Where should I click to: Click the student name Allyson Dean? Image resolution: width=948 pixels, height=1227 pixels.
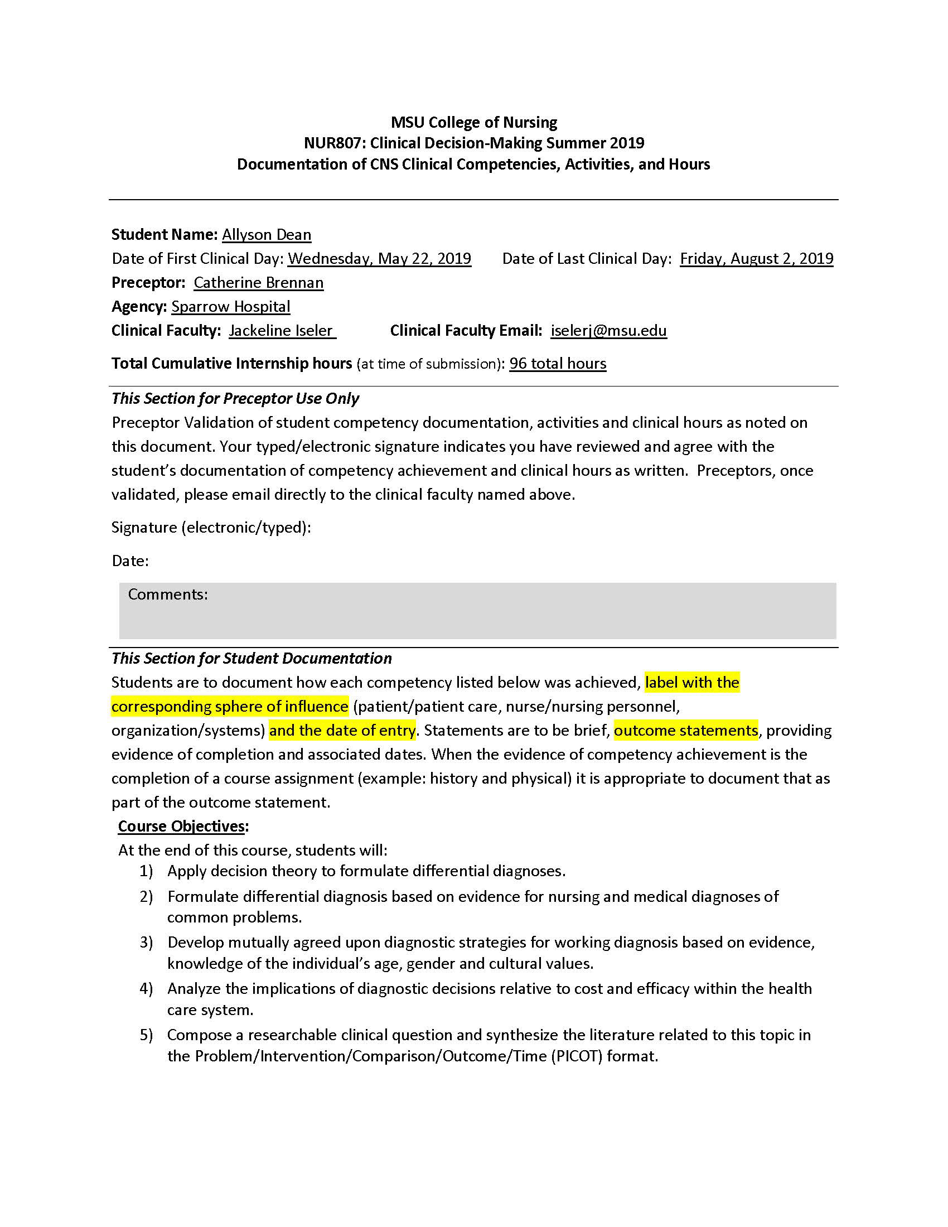(x=266, y=235)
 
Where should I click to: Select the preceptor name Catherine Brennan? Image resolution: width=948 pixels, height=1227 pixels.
(x=258, y=283)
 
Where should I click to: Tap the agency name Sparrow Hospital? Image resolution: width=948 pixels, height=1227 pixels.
(x=231, y=307)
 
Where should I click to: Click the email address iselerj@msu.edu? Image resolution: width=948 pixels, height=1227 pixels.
(x=608, y=331)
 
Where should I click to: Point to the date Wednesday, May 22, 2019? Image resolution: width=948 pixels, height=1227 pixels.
(x=379, y=258)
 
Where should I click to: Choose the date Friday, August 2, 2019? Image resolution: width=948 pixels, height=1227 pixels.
(x=756, y=258)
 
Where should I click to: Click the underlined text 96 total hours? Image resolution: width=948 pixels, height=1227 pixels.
(x=557, y=364)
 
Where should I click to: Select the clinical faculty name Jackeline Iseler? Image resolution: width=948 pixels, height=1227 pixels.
(x=282, y=331)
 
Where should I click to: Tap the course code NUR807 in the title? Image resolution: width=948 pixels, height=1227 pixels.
(x=333, y=143)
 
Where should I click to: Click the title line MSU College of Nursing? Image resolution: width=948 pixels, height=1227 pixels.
(x=473, y=123)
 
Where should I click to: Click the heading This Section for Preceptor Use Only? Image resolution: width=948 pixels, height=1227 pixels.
(x=235, y=399)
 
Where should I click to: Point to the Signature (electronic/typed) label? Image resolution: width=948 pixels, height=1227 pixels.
(x=211, y=528)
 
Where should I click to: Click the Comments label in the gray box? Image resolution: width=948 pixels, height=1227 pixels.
(x=168, y=595)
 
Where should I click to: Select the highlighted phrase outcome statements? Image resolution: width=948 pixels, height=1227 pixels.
(x=686, y=731)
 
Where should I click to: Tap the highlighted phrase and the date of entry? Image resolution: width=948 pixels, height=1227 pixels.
(x=342, y=731)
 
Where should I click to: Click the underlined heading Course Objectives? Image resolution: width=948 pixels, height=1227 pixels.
(x=181, y=827)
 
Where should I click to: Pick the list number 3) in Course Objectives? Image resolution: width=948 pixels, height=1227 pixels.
(x=146, y=943)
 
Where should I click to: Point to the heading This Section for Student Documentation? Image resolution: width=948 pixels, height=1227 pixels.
(x=251, y=659)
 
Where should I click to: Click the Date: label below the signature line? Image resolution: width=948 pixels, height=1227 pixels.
(x=130, y=561)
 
